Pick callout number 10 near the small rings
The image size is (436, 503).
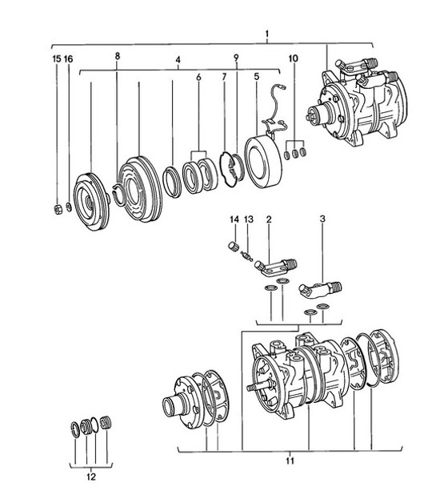click(293, 58)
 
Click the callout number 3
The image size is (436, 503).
click(322, 219)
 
